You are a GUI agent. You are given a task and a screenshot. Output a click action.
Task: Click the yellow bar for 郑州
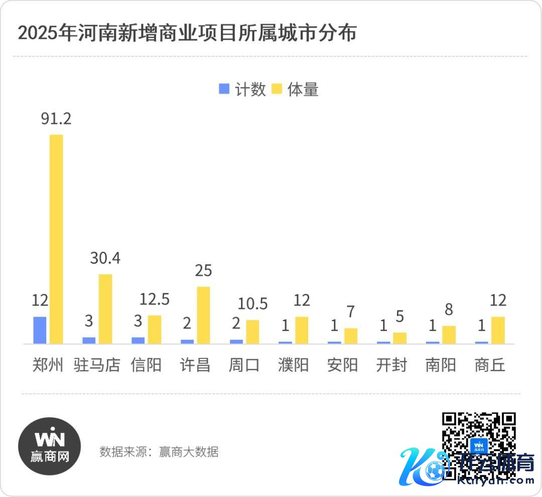(56, 239)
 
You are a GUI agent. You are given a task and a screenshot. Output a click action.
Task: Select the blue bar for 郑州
(40, 330)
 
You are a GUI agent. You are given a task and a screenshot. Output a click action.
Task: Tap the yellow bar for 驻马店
(105, 309)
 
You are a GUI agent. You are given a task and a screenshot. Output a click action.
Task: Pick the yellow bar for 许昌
(203, 315)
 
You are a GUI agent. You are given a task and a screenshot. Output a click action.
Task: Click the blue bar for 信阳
(138, 340)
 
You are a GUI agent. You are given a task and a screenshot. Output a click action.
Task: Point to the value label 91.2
(56, 119)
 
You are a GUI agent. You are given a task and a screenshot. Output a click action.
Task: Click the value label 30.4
(105, 258)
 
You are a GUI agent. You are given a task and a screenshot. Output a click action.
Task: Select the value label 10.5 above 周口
(252, 304)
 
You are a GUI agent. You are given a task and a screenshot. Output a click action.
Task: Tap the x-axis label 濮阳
(293, 365)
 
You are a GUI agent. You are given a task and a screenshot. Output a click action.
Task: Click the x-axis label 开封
(391, 365)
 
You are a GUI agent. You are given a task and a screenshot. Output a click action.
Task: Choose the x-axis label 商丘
(489, 365)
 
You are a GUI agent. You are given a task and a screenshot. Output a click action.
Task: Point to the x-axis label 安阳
(342, 365)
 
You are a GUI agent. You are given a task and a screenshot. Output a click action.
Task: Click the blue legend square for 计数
(224, 89)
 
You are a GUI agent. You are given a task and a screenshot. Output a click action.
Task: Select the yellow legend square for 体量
(276, 89)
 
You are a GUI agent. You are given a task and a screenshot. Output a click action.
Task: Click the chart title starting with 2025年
(187, 33)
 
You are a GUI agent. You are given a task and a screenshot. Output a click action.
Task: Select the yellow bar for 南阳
(449, 335)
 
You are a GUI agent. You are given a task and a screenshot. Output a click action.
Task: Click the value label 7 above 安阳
(350, 312)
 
